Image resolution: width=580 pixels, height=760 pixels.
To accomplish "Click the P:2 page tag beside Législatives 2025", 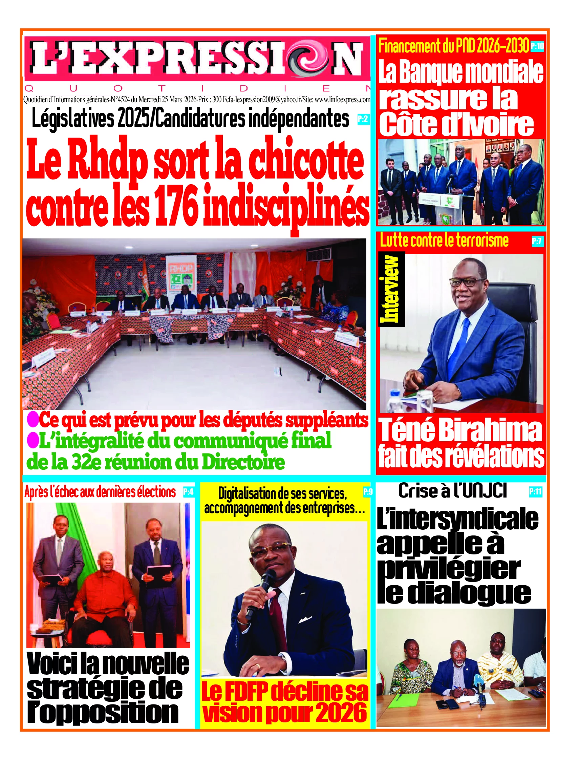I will point(363,119).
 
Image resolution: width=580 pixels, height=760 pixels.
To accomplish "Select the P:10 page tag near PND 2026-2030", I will point(537,46).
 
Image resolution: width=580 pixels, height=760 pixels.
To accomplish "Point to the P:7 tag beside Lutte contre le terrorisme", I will point(537,241).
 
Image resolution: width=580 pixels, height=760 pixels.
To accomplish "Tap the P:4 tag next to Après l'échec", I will point(188,492).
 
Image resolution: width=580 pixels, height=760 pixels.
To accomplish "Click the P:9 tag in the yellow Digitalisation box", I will point(368,491).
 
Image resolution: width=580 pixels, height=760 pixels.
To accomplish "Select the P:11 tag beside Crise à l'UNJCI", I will point(535,492).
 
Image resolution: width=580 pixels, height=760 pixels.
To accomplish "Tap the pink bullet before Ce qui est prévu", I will point(33,420).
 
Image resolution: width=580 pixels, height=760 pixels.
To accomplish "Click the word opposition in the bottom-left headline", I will point(104,712).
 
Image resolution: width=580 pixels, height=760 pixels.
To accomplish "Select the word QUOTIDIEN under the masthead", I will point(197,89).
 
